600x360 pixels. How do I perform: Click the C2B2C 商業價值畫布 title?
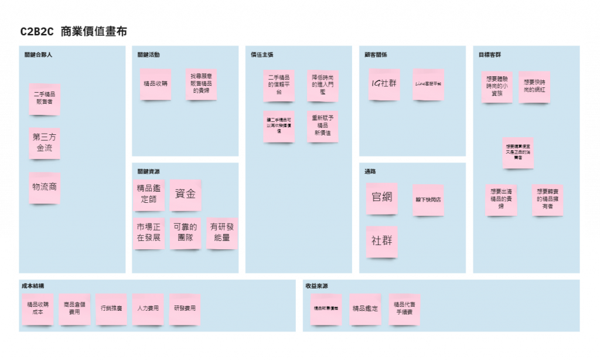coord(73,32)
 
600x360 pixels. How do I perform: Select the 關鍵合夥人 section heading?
coord(39,55)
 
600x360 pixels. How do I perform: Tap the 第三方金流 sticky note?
coord(45,143)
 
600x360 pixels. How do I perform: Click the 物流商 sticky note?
coord(45,187)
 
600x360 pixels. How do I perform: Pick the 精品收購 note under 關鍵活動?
coord(155,84)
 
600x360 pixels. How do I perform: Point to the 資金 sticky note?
coord(185,195)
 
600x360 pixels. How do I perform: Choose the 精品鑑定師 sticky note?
coord(149,195)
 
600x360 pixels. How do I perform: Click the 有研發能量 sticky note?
coord(221,233)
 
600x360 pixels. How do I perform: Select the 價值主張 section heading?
coord(262,55)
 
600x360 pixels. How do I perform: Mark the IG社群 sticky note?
coord(384,84)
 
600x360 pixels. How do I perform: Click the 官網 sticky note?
coord(381,198)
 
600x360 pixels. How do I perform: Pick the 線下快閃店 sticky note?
coord(428,199)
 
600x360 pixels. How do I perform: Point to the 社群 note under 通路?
coord(381,241)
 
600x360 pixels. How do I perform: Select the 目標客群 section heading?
coord(489,55)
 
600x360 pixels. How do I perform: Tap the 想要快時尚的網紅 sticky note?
coord(534,87)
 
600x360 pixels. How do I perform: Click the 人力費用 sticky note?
coord(147,308)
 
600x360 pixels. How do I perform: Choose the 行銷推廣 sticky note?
coord(111,308)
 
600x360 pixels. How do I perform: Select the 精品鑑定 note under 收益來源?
coord(365,308)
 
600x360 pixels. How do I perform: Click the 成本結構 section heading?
coord(33,286)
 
